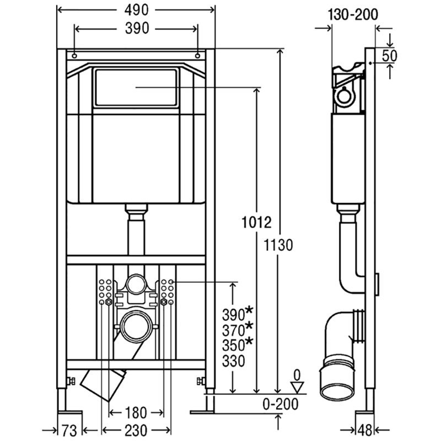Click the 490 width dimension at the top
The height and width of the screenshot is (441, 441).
click(136, 10)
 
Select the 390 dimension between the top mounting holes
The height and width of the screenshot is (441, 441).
click(137, 29)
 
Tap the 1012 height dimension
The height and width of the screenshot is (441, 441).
click(256, 223)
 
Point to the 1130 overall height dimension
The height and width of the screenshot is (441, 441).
click(278, 245)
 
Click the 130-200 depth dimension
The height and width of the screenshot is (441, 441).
click(353, 15)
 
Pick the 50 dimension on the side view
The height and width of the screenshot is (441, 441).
click(390, 56)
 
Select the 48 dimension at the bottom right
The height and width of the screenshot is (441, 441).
click(365, 430)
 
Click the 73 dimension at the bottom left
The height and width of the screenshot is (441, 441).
click(69, 431)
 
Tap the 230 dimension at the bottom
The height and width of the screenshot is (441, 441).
click(136, 431)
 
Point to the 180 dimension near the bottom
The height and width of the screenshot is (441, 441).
click(136, 413)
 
